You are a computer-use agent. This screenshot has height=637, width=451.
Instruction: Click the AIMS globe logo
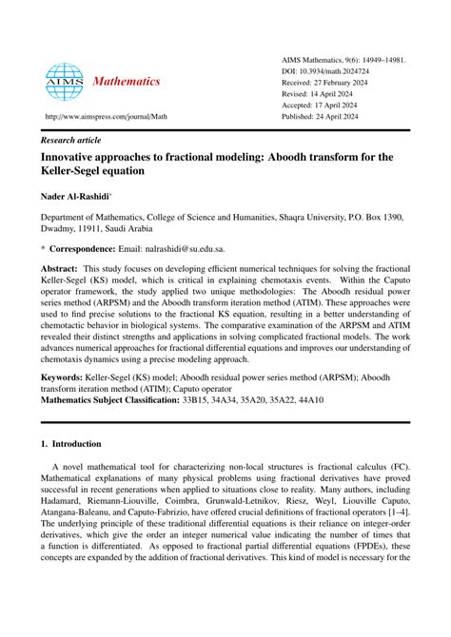(x=65, y=83)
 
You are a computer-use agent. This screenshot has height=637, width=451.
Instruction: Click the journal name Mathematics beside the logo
(x=126, y=82)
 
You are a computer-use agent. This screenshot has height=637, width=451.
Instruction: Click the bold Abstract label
(x=60, y=270)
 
